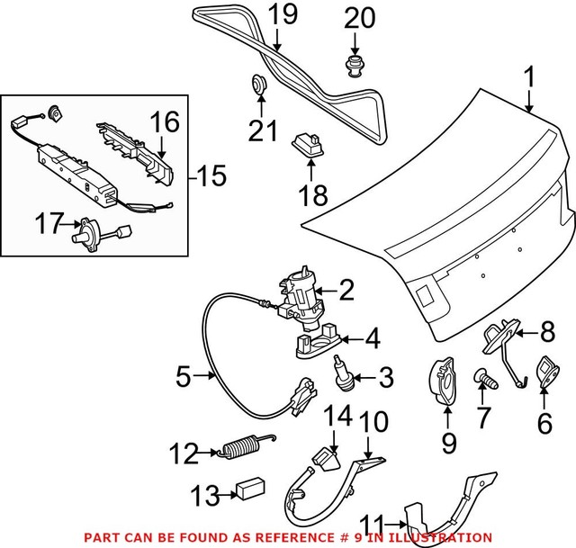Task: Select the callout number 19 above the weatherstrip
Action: coord(282,14)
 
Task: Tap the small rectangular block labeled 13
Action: coord(247,490)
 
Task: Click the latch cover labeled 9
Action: coord(445,382)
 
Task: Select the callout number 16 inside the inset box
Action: coord(165,121)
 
